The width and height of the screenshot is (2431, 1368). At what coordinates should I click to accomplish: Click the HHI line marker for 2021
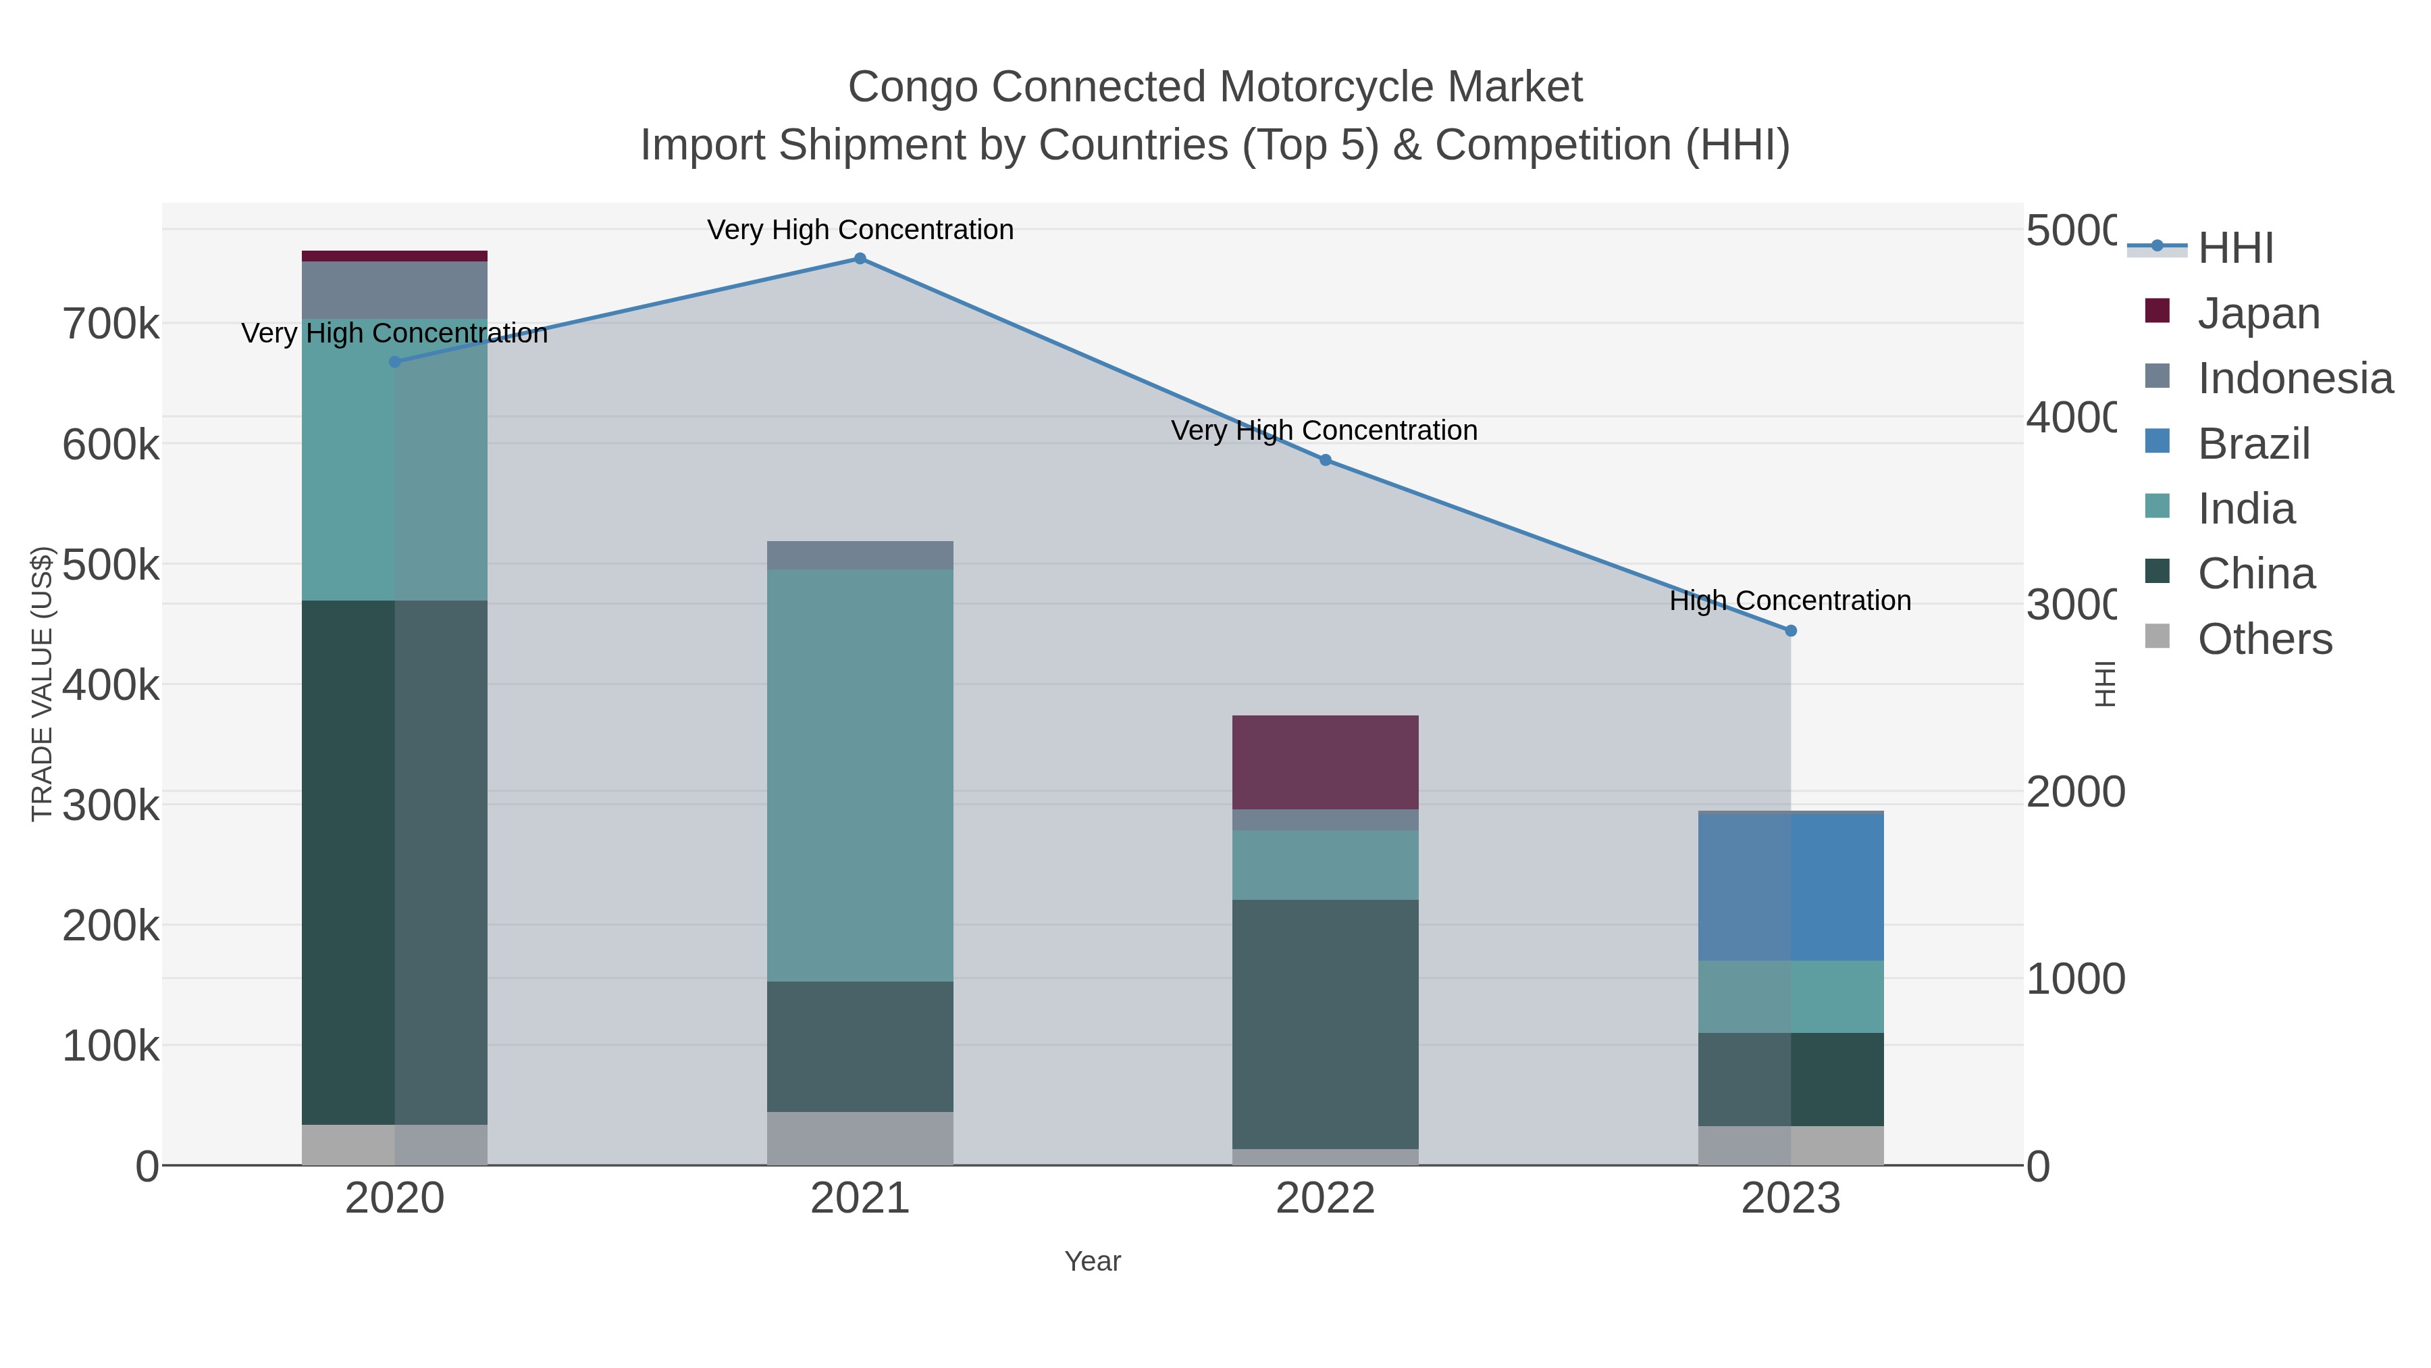tap(860, 259)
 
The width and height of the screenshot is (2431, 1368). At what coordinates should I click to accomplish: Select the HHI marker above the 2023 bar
tap(1790, 631)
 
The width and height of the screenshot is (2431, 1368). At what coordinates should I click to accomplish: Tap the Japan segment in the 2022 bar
tap(1325, 762)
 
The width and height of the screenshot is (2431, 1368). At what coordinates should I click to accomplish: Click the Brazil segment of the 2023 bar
tap(1790, 886)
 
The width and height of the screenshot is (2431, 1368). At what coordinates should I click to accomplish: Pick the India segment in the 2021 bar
tap(860, 774)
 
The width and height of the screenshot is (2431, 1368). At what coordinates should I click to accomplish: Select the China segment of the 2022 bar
tap(1325, 1023)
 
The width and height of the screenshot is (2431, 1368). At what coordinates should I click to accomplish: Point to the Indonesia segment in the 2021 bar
tap(860, 555)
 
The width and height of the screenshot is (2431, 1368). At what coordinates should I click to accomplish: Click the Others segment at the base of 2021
tap(860, 1138)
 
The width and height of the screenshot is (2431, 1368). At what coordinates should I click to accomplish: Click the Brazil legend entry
tap(2253, 444)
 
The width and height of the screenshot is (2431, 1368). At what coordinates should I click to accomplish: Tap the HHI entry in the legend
tap(2234, 249)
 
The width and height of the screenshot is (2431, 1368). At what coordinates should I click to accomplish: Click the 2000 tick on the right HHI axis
tap(2075, 792)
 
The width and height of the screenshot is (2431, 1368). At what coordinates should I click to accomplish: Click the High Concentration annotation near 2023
tap(1789, 601)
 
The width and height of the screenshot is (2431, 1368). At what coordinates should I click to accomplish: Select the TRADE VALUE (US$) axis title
tap(41, 684)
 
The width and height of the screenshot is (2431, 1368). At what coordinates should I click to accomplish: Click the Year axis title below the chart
tap(1092, 1261)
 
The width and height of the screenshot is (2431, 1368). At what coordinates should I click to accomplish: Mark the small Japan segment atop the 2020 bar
tap(394, 256)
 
